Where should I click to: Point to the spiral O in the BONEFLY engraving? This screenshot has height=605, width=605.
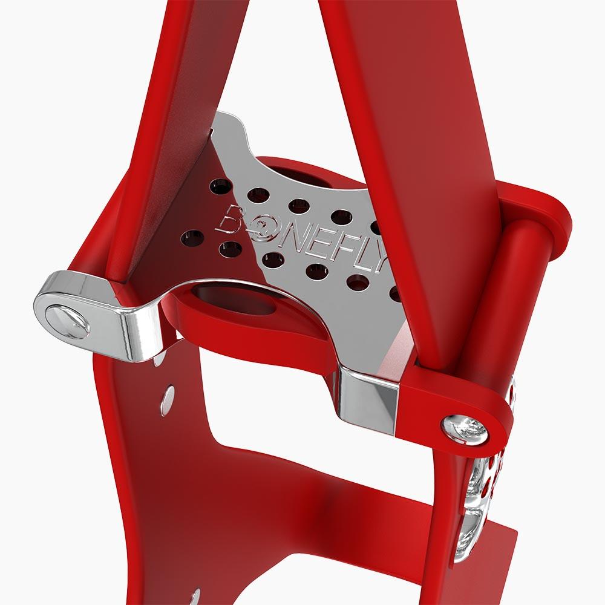pos(261,226)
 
